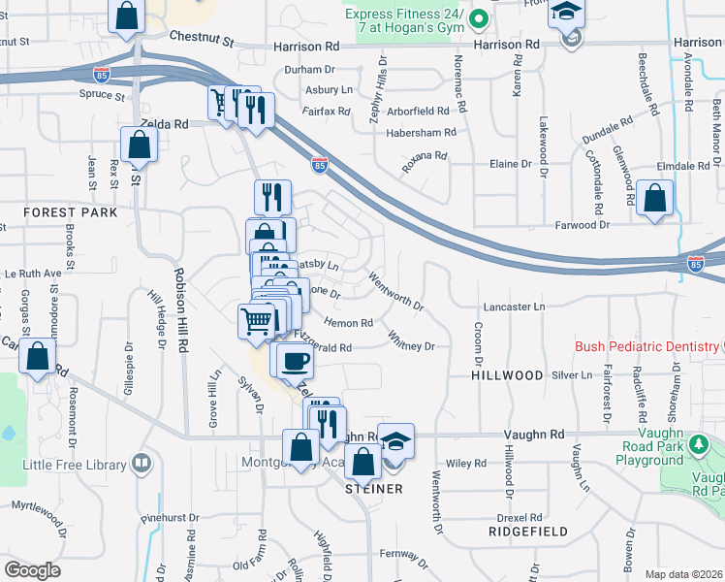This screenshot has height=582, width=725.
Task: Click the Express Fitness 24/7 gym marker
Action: coord(477,18)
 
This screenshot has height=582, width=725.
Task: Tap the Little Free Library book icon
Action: coord(142,463)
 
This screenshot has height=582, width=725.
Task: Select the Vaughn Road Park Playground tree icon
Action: coord(698,446)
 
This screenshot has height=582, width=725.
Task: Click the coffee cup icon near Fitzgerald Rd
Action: coord(295,362)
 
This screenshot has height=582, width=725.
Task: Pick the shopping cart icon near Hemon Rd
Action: coord(256,321)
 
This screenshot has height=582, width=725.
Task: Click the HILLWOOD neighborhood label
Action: coord(507,374)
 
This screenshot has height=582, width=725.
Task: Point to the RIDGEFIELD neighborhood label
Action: coord(528,533)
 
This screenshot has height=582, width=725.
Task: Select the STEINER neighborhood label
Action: coord(374,489)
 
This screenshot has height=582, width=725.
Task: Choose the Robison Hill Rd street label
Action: coord(180,308)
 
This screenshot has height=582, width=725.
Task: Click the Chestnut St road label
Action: coord(202,39)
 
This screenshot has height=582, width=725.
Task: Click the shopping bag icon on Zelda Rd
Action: coord(140,145)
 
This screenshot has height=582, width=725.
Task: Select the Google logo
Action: coord(32,569)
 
